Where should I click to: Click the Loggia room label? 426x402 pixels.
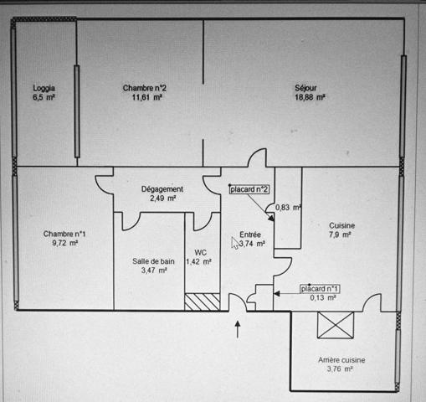pyautogui.click(x=44, y=88)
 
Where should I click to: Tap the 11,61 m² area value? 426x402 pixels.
pyautogui.click(x=147, y=97)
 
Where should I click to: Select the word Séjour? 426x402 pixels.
pyautogui.click(x=305, y=88)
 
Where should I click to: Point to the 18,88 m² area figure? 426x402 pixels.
pyautogui.click(x=310, y=97)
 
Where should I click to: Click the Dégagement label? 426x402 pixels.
pyautogui.click(x=162, y=189)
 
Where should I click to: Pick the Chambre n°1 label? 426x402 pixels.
pyautogui.click(x=64, y=234)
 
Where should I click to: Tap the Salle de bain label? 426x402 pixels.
pyautogui.click(x=153, y=261)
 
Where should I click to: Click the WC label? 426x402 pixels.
pyautogui.click(x=201, y=253)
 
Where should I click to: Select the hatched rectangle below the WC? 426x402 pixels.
pyautogui.click(x=203, y=301)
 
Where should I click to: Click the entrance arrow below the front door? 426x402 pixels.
pyautogui.click(x=238, y=329)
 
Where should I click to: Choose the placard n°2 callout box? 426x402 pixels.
pyautogui.click(x=249, y=189)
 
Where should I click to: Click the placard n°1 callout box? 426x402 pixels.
pyautogui.click(x=320, y=289)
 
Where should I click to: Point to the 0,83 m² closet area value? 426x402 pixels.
pyautogui.click(x=288, y=208)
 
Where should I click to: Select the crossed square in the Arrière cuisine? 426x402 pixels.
pyautogui.click(x=336, y=325)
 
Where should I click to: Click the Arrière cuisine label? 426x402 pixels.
pyautogui.click(x=341, y=360)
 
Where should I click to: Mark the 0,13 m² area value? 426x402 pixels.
pyautogui.click(x=323, y=298)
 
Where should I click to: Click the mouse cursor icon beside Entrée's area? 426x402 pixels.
pyautogui.click(x=235, y=243)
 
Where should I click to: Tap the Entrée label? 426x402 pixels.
pyautogui.click(x=250, y=234)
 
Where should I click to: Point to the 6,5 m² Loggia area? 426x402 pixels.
pyautogui.click(x=44, y=97)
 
